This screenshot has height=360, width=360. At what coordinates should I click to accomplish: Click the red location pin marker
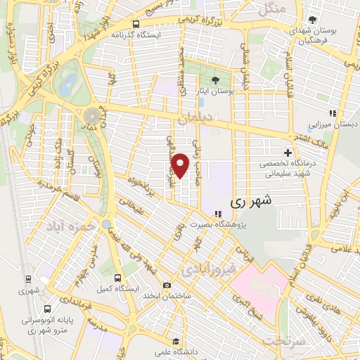click(181, 165)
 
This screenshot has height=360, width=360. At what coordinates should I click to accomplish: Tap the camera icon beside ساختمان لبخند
click(167, 285)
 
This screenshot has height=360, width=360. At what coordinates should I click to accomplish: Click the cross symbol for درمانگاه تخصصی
click(287, 153)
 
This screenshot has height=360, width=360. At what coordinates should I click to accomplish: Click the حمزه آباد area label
click(70, 227)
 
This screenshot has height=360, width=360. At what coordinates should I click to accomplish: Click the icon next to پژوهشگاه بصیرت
click(217, 214)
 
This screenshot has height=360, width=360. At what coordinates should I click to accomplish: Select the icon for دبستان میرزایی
click(333, 113)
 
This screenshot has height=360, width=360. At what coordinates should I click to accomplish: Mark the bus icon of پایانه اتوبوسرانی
click(46, 308)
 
